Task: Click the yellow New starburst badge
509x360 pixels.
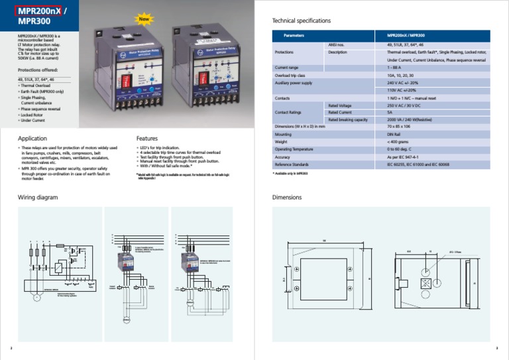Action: (143, 19)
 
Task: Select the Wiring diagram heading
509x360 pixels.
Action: (37, 197)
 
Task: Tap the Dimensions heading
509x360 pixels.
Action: (287, 197)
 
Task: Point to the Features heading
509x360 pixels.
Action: (146, 139)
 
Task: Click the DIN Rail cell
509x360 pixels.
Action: (395, 134)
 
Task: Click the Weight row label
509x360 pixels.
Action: (281, 142)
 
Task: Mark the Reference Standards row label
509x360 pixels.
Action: (292, 164)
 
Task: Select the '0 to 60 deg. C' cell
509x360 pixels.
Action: (402, 149)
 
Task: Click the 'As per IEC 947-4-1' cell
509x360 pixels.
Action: (404, 156)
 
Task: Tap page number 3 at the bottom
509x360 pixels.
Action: (497, 348)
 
